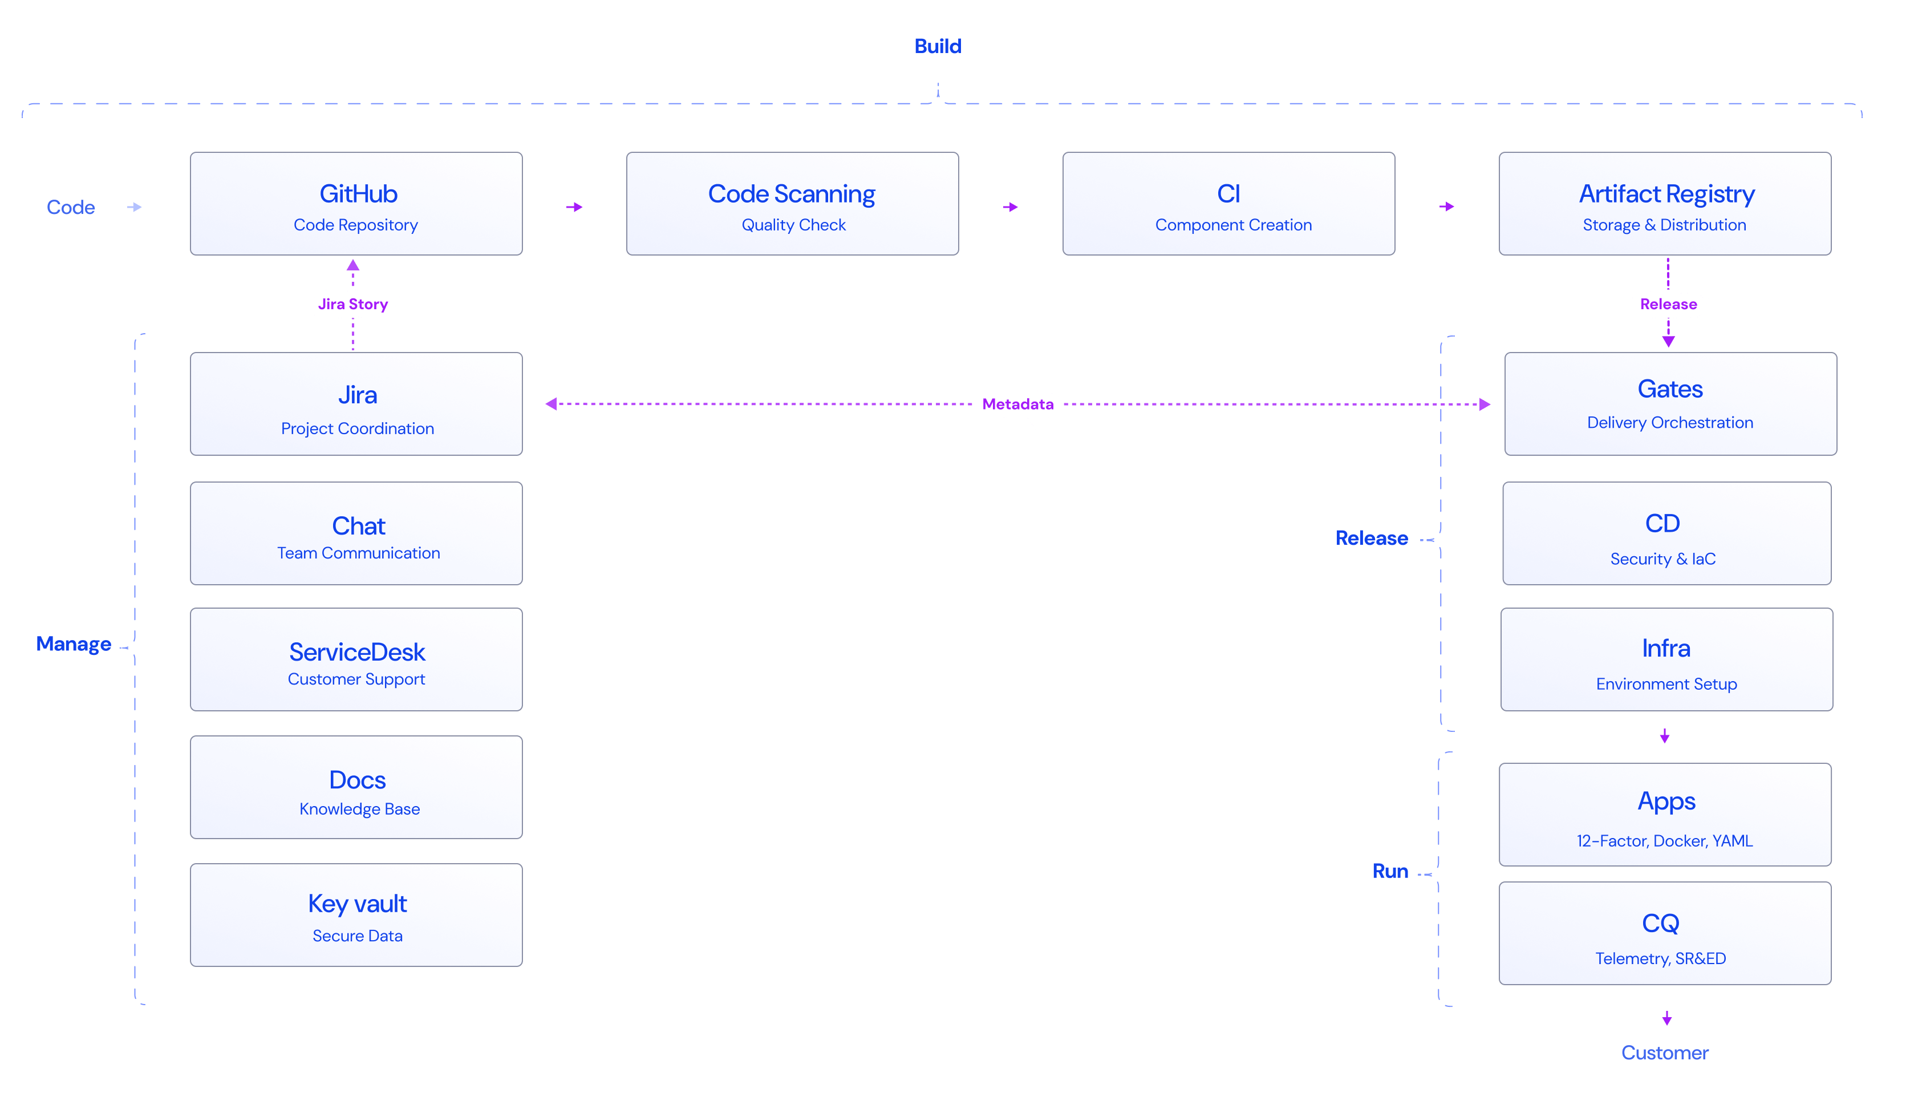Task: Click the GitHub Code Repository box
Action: click(x=356, y=204)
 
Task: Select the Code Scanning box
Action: click(x=792, y=204)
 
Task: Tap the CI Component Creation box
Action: click(x=1228, y=204)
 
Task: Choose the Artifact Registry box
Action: click(x=1665, y=204)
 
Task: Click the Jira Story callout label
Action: click(x=353, y=305)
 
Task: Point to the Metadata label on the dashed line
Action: click(x=1018, y=404)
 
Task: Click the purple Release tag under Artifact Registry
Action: click(x=1668, y=305)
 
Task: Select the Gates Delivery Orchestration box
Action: click(x=1670, y=404)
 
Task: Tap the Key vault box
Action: click(x=356, y=915)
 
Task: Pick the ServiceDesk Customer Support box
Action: click(x=356, y=659)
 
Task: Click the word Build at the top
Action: click(x=937, y=46)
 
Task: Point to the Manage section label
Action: click(x=74, y=644)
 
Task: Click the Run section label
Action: click(x=1390, y=871)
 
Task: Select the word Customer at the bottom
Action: click(x=1664, y=1053)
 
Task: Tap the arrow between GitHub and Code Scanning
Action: click(x=574, y=209)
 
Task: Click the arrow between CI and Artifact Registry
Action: click(x=1446, y=208)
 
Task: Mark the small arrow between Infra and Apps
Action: click(x=1665, y=738)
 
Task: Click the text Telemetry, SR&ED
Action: click(x=1660, y=958)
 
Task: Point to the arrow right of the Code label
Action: click(x=135, y=208)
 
